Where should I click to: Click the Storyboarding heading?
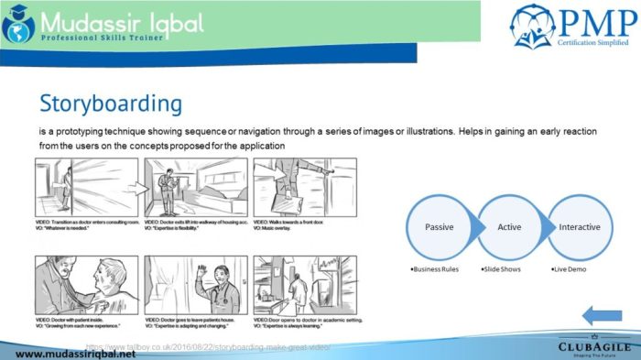(x=111, y=103)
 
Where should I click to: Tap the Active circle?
(x=509, y=226)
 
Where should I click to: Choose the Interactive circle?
(x=580, y=226)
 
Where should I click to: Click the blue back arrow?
(x=602, y=316)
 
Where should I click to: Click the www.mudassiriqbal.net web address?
(x=68, y=353)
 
